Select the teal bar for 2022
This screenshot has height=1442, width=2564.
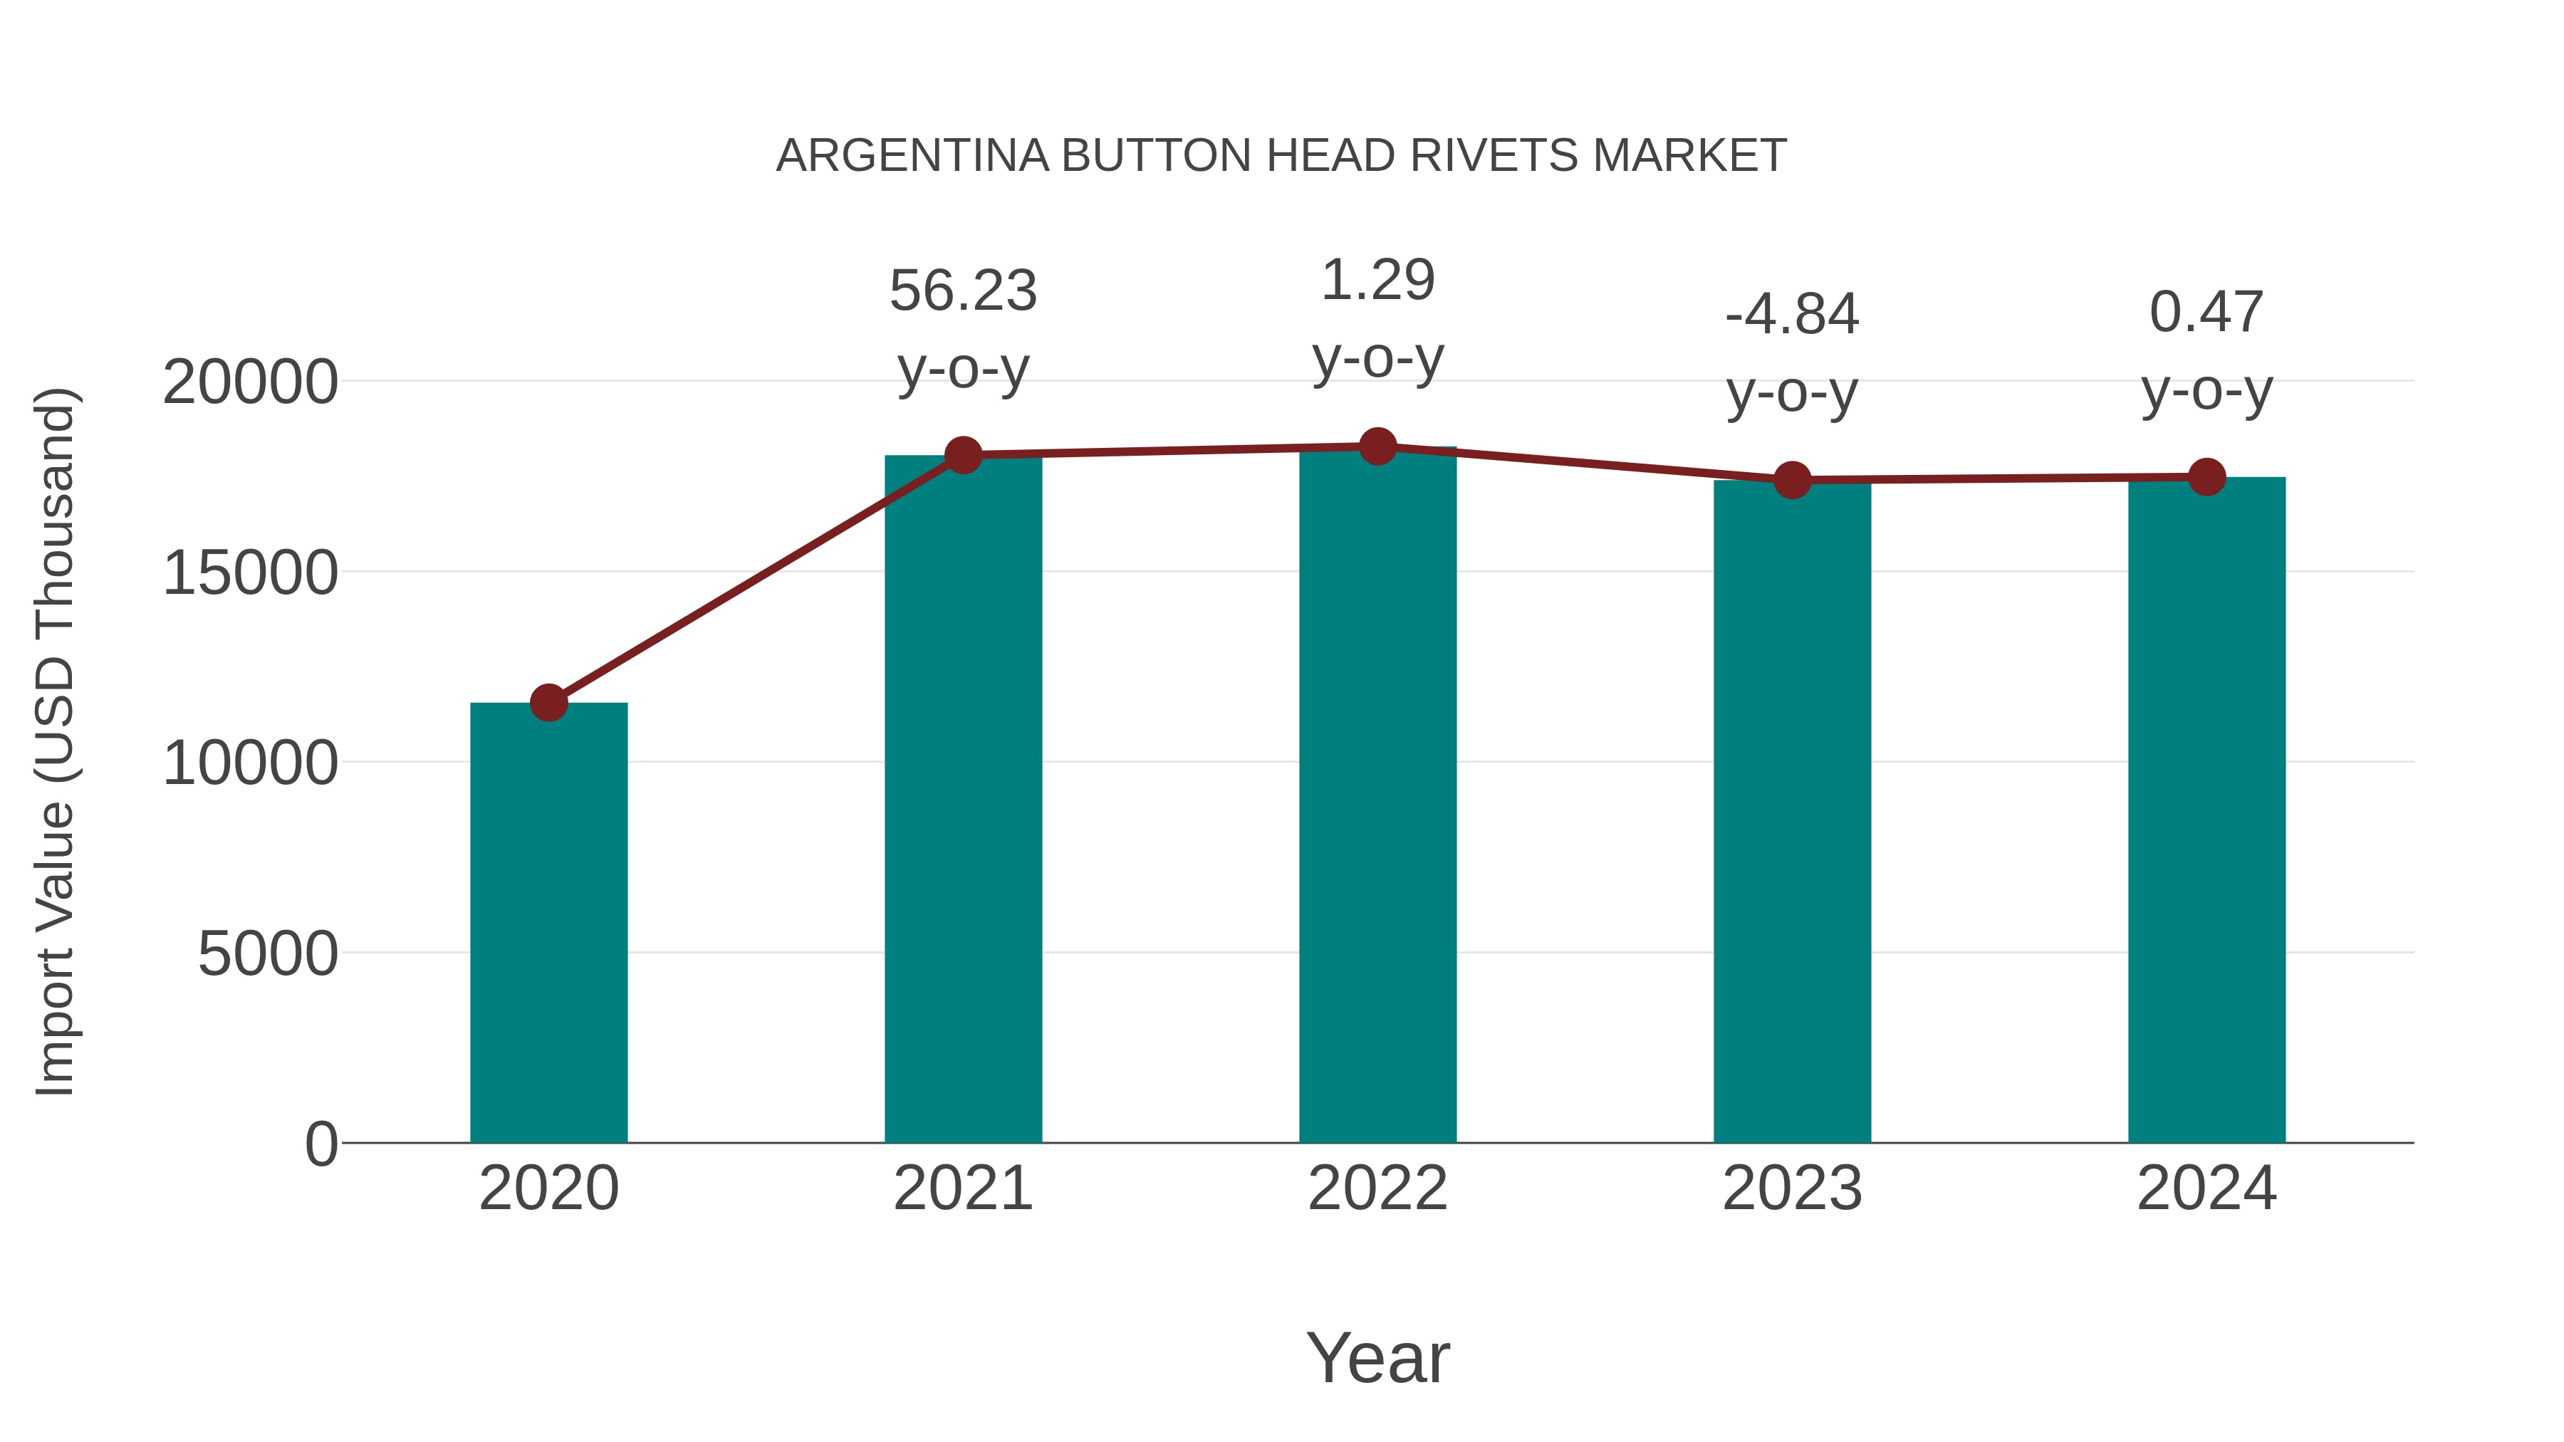coord(1377,796)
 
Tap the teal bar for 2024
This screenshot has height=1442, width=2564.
coord(2206,811)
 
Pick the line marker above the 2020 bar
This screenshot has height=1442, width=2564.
coord(548,703)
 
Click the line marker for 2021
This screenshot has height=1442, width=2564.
coord(962,455)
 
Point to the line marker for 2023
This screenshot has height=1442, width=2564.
coord(1792,481)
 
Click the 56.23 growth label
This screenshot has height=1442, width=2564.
coord(962,291)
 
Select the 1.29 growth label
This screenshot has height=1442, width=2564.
coord(1377,281)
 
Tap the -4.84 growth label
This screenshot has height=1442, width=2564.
coord(1792,315)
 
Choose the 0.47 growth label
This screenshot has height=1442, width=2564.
coord(2206,313)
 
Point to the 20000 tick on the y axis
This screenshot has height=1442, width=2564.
coord(250,382)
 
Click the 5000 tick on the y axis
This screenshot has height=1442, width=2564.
coord(268,954)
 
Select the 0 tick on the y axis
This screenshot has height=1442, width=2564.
coord(320,1144)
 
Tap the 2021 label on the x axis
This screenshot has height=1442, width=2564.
coord(962,1188)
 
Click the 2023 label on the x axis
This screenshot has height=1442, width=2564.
coord(1792,1188)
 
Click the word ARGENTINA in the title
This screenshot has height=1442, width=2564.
coord(912,156)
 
